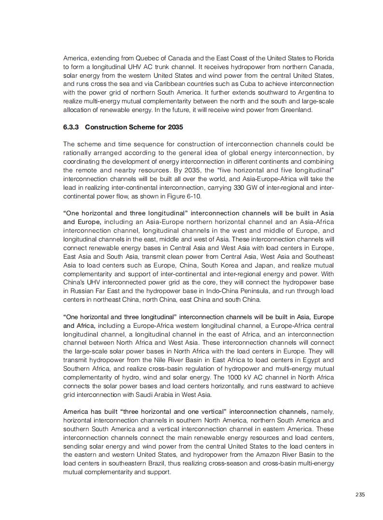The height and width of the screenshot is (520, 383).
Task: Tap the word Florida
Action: [323, 58]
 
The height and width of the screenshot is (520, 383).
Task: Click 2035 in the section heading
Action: [175, 127]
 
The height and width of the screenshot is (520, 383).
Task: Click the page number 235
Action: [360, 494]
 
